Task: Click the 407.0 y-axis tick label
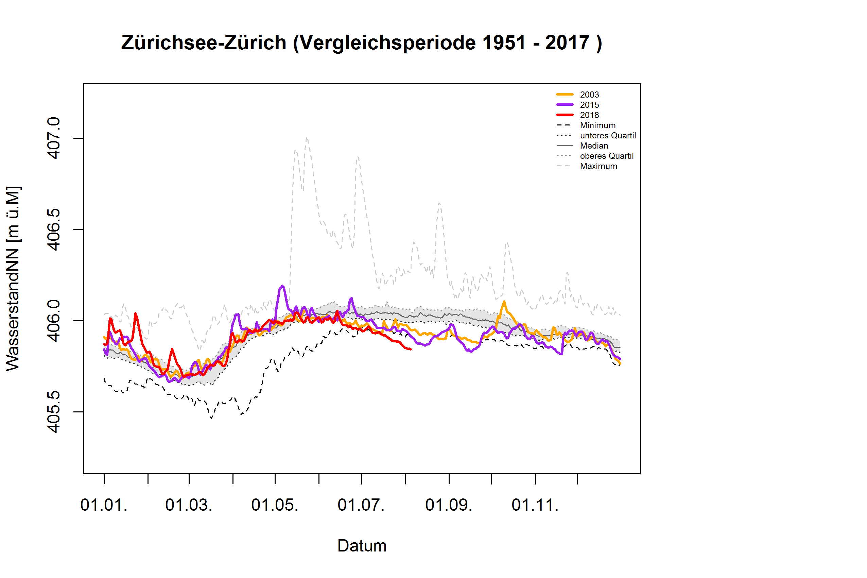point(54,138)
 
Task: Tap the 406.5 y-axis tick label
point(54,229)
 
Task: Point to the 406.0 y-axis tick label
point(54,321)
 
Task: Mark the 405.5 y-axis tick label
point(54,412)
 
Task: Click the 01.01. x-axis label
point(104,505)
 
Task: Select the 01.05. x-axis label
point(275,505)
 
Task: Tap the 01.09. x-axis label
point(448,505)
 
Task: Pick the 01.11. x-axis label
point(535,505)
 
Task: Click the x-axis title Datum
point(362,546)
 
